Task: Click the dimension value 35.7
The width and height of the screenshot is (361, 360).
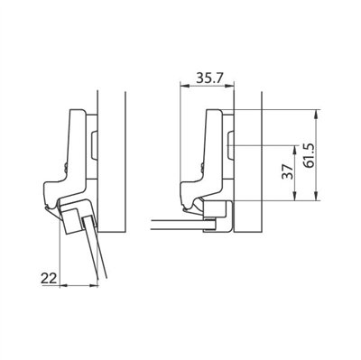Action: coord(208,78)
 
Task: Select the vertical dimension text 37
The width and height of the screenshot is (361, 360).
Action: coord(287,173)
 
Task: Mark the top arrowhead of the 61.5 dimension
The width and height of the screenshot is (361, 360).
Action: coord(318,113)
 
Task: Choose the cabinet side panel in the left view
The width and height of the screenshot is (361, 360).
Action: coord(110,162)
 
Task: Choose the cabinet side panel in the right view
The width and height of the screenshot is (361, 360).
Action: coord(248,162)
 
